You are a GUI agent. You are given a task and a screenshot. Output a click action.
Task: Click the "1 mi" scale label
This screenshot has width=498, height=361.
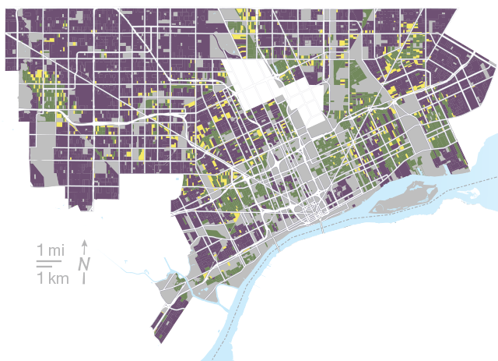coord(51,250)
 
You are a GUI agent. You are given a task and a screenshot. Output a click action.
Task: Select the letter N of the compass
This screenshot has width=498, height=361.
coord(83,263)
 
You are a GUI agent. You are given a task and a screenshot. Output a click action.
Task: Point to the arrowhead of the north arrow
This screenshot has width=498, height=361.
coord(84,242)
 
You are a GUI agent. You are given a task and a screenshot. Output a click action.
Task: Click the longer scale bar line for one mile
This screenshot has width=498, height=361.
coord(50,262)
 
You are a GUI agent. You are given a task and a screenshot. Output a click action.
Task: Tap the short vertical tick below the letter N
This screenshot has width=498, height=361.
coord(84,278)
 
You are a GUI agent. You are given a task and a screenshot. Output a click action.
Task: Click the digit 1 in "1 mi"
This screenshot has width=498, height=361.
coord(40,250)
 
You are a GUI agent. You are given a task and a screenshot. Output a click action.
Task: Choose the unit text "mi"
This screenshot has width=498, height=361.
coord(56,250)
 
